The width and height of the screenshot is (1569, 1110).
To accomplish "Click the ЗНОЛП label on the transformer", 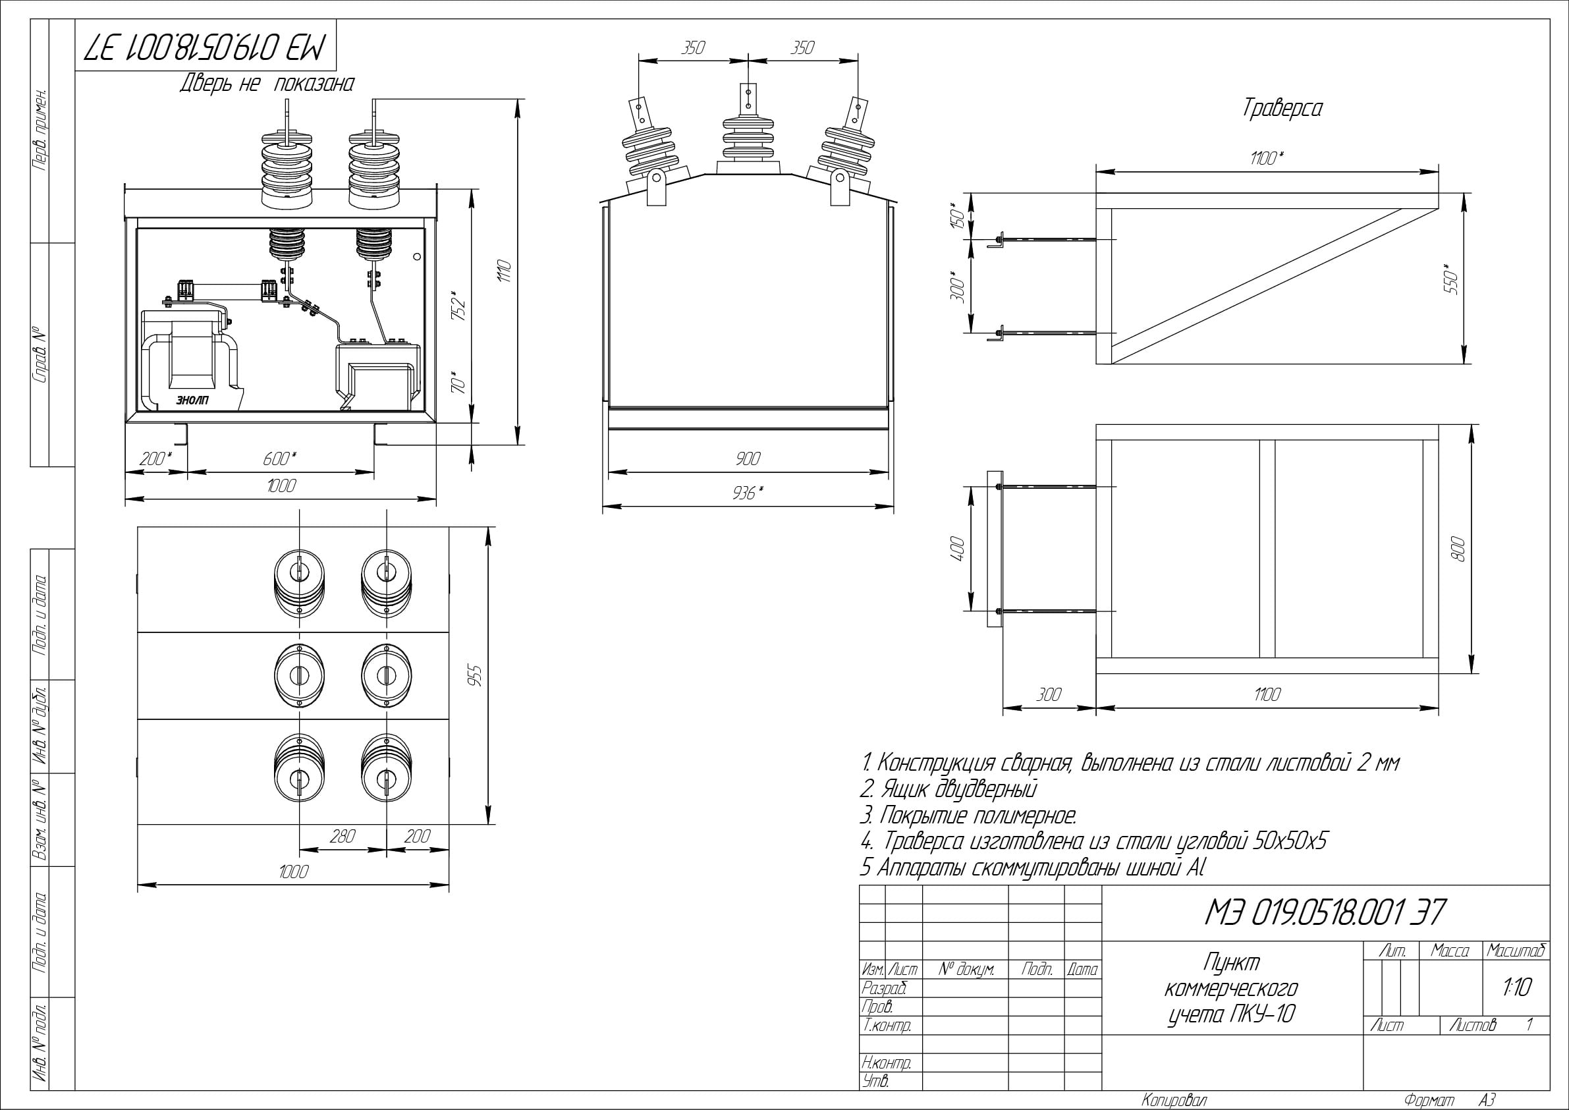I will [194, 401].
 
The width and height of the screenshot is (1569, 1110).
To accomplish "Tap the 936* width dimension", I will [748, 492].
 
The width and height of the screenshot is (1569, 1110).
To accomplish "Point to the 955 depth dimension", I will [476, 676].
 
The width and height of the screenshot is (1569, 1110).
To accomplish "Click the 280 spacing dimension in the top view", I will [342, 836].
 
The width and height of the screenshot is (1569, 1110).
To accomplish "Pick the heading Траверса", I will [1282, 109].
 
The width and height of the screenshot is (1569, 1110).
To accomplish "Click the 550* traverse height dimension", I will [1452, 279].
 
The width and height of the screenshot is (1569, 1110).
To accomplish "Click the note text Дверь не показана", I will [267, 84].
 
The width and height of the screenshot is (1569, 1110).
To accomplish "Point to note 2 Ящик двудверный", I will [949, 789].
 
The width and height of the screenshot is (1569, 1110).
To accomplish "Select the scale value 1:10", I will [1516, 987].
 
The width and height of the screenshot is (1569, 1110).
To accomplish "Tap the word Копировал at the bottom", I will [1174, 1099].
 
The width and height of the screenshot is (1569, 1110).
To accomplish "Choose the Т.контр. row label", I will [887, 1025].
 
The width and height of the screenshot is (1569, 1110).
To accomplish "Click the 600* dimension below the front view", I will [279, 458].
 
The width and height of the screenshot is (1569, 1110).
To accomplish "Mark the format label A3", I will [1487, 1099].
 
